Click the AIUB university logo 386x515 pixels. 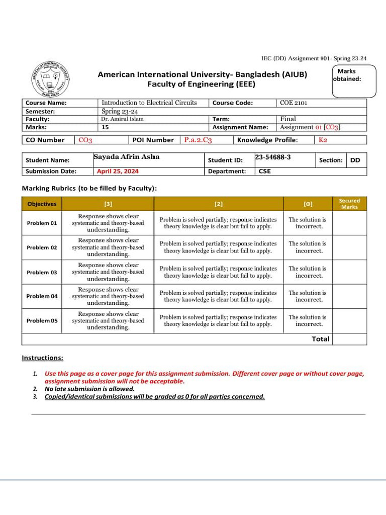(x=51, y=79)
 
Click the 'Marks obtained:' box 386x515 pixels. (x=354, y=80)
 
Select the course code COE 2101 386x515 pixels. (x=294, y=103)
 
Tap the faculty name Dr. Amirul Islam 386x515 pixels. (x=122, y=119)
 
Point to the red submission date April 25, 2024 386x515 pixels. (x=118, y=171)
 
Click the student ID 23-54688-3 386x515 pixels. (x=273, y=157)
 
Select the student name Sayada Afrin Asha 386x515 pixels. (x=126, y=157)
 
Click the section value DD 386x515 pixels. (x=355, y=160)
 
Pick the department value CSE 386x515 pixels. (x=264, y=171)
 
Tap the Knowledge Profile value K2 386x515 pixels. (x=323, y=140)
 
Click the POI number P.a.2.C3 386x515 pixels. (x=198, y=140)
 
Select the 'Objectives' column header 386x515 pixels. (x=42, y=204)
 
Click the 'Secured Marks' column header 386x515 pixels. (x=349, y=204)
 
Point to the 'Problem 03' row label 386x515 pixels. (x=42, y=272)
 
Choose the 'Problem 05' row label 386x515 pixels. (x=42, y=320)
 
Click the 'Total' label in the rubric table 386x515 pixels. (x=320, y=339)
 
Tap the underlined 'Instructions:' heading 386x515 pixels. (x=42, y=358)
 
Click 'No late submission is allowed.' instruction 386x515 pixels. (x=89, y=389)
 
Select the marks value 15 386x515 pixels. (x=105, y=127)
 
